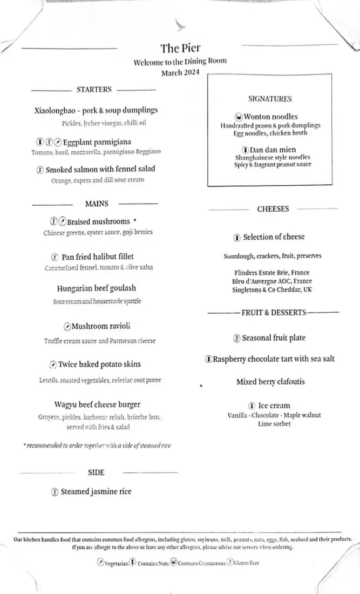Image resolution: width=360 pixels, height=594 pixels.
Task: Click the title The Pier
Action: [x=180, y=49]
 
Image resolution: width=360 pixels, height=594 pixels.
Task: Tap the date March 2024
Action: [x=180, y=72]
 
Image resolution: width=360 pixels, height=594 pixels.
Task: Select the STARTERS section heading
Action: [x=94, y=90]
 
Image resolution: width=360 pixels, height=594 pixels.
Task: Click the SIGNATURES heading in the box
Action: [x=270, y=99]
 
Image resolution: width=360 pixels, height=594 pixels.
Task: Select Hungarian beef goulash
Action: [x=96, y=288]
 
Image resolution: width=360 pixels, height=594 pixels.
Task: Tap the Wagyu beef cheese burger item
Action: [x=97, y=404]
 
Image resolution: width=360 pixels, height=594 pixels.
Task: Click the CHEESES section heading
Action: [x=273, y=209]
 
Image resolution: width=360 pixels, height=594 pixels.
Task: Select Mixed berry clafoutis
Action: [x=270, y=382]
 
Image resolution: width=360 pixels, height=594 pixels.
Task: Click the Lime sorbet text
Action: [x=274, y=424]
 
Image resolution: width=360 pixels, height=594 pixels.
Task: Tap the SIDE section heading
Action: [x=96, y=473]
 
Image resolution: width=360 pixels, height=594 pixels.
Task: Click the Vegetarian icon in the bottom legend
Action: [x=100, y=563]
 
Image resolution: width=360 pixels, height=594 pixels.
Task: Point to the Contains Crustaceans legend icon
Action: [x=174, y=563]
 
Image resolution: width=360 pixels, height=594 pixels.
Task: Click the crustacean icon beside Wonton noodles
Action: [x=239, y=117]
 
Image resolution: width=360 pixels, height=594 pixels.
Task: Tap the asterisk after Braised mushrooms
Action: [x=134, y=220]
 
